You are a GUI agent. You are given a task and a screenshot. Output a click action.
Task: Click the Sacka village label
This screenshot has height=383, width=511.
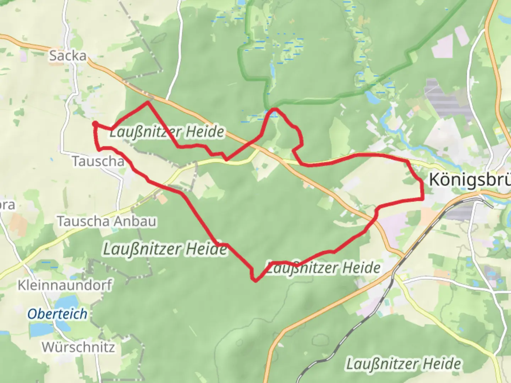pyautogui.click(x=67, y=56)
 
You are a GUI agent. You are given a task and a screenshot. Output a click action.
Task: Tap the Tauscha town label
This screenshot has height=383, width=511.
pyautogui.click(x=98, y=161)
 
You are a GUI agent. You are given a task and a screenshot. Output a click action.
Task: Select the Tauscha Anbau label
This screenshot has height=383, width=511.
pyautogui.click(x=106, y=221)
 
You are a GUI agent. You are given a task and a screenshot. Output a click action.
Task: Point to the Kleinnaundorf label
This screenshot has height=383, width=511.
pyautogui.click(x=65, y=285)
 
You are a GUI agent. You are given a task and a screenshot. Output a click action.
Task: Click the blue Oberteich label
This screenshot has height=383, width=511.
pyautogui.click(x=57, y=314)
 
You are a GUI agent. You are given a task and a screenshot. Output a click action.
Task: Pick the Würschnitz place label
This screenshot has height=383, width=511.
pyautogui.click(x=78, y=347)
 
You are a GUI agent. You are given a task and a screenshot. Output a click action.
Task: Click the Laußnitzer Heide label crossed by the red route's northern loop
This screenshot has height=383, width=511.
pyautogui.click(x=167, y=132)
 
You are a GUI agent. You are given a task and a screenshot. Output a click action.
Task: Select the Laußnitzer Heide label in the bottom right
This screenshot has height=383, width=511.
pyautogui.click(x=403, y=364)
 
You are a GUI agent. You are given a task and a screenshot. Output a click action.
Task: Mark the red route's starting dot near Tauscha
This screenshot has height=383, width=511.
pyautogui.click(x=95, y=123)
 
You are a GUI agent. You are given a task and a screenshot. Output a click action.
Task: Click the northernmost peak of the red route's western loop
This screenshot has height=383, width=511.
pyautogui.click(x=148, y=102)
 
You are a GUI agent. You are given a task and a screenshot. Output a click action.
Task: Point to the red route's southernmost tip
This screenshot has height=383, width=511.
pyautogui.click(x=255, y=281)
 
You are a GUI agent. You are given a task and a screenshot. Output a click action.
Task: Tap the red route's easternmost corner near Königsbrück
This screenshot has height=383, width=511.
pyautogui.click(x=423, y=199)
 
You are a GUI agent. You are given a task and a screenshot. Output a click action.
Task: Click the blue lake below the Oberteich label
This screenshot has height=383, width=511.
pyautogui.click(x=41, y=330)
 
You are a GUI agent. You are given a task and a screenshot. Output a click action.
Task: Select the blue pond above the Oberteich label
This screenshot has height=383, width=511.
pyautogui.click(x=66, y=301)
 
